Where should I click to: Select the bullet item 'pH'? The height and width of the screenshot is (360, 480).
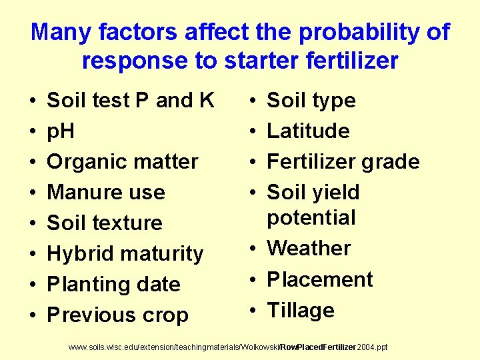click(61, 131)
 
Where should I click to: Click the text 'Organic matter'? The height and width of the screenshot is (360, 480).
click(123, 161)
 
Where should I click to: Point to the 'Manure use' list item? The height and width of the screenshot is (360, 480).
click(106, 192)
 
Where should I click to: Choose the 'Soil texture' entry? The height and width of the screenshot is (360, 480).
click(105, 223)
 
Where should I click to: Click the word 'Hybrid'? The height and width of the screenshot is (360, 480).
click(79, 253)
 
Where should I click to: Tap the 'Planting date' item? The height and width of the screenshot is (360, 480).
click(114, 284)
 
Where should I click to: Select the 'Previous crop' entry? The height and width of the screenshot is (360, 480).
click(118, 315)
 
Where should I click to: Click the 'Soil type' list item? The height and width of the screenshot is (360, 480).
click(311, 101)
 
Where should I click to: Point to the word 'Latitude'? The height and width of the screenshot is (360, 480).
click(308, 131)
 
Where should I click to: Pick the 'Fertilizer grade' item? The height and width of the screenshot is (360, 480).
click(343, 161)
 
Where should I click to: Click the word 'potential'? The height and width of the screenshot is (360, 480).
click(311, 217)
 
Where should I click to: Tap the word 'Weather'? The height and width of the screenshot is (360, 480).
click(309, 248)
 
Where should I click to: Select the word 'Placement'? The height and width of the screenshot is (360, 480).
click(320, 279)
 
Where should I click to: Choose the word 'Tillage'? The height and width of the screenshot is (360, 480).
click(301, 310)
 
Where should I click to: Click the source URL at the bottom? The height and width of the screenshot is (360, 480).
click(229, 348)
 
